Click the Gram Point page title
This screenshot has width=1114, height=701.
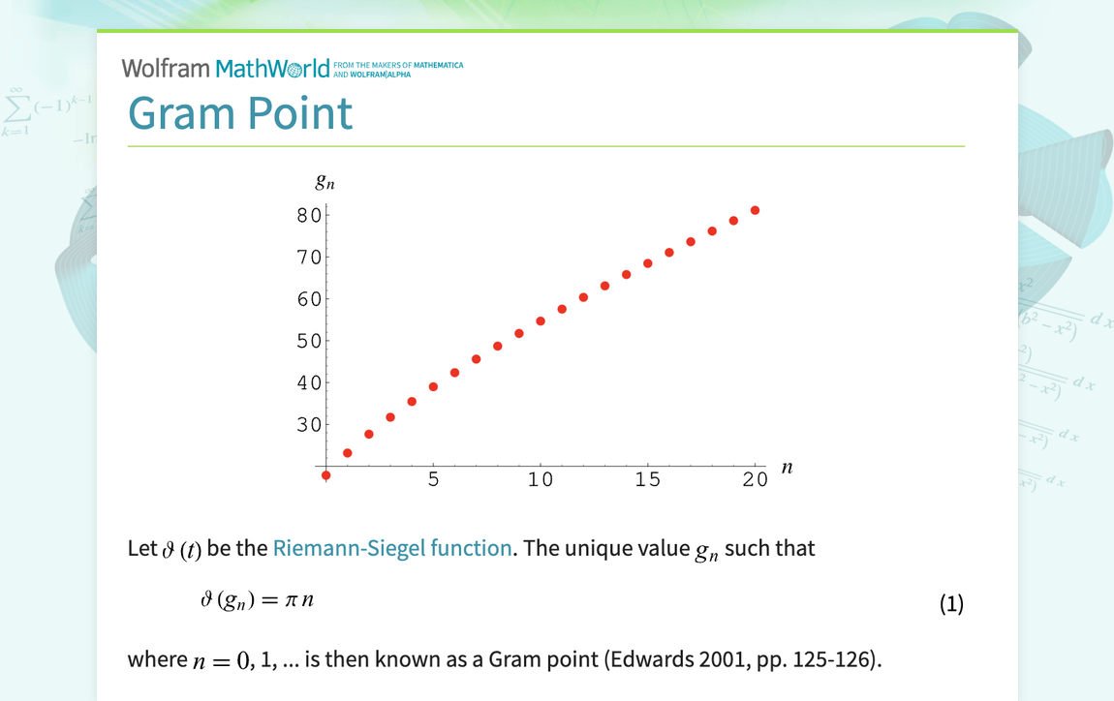[240, 113]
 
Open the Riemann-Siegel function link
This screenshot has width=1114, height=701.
[391, 548]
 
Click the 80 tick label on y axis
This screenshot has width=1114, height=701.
[309, 215]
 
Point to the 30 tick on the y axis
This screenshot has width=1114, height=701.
[309, 424]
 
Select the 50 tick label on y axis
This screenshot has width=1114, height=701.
[309, 341]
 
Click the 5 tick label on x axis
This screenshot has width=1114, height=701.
[434, 479]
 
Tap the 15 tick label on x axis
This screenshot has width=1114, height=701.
[648, 479]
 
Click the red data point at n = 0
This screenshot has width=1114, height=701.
[326, 475]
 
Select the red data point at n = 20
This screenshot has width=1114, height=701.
[755, 210]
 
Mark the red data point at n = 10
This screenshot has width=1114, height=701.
[541, 321]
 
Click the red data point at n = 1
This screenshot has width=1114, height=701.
[348, 453]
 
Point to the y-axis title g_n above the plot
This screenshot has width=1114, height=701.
[325, 181]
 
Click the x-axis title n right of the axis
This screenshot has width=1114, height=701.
[787, 468]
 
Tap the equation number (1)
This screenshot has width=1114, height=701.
[951, 604]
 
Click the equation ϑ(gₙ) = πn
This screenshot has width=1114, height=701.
[257, 601]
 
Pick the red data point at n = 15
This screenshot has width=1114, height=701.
[648, 263]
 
